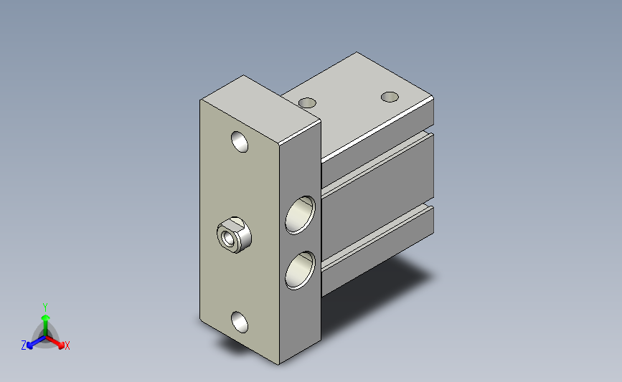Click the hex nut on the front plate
coord(234,235)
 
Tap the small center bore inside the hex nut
coord(228,238)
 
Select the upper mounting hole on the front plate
coord(240,142)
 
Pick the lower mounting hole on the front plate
coord(240,322)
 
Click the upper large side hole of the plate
coord(301,215)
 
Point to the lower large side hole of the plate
coord(301,270)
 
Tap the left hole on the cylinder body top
coord(307,103)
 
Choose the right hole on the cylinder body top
coord(390,97)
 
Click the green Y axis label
coord(45,307)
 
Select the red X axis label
coord(67,345)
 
